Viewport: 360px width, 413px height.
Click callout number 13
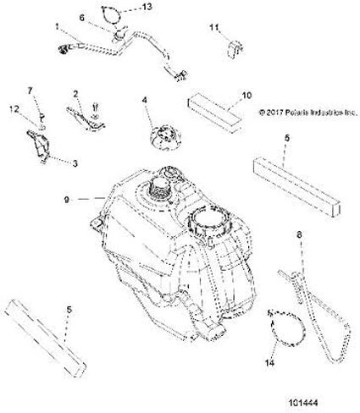click(x=147, y=7)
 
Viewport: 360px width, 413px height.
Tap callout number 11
click(x=214, y=27)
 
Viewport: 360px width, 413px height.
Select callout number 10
click(x=246, y=96)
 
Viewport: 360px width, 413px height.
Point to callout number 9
click(x=67, y=200)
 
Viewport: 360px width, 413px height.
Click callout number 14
click(x=269, y=363)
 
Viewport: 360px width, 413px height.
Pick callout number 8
click(x=299, y=234)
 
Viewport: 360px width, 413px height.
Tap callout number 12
click(x=14, y=108)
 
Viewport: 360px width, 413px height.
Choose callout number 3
click(x=75, y=163)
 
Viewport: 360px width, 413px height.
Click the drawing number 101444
click(x=303, y=402)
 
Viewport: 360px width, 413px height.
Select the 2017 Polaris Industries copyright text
click(x=308, y=113)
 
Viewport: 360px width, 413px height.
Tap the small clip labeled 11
click(x=235, y=49)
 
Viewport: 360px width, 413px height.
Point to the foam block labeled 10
click(x=215, y=113)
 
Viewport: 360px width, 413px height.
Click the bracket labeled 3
click(x=39, y=146)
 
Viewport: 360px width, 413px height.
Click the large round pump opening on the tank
click(x=209, y=219)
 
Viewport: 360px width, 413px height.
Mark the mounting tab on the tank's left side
click(x=97, y=224)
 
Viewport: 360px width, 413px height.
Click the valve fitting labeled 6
click(x=120, y=35)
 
